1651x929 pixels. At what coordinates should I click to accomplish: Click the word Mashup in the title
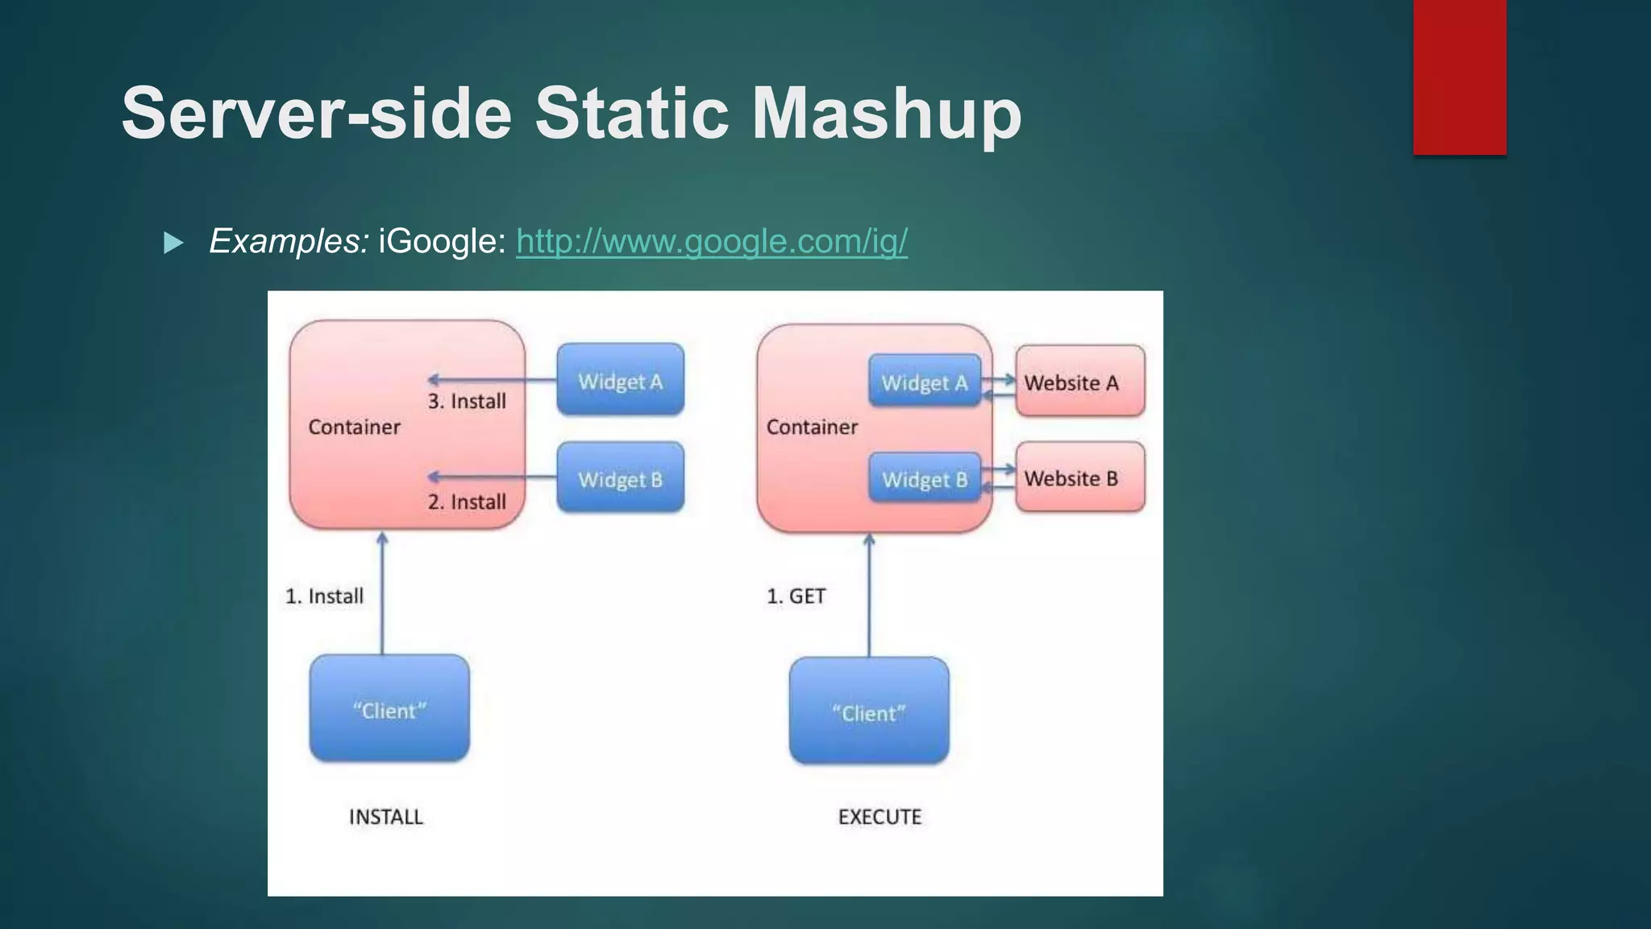pos(886,115)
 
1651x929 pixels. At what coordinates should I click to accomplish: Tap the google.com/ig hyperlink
pos(711,241)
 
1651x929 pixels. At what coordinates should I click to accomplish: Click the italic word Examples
pos(289,241)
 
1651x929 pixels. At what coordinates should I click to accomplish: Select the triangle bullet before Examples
pos(173,243)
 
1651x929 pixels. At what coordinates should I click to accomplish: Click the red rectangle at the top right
pos(1459,77)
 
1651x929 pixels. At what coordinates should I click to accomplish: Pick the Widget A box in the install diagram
pos(620,381)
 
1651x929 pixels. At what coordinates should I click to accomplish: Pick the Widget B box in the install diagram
pos(620,479)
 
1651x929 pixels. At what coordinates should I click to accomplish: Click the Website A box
pos(1079,382)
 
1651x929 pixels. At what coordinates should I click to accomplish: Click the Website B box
pos(1079,478)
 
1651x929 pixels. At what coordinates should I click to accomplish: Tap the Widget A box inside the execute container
pos(925,382)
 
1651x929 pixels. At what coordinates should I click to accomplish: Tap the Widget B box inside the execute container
pos(925,479)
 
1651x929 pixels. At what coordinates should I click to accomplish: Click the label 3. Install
pos(467,402)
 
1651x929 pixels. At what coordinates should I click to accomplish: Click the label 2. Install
pos(467,502)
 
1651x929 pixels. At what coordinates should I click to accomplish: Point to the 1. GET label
pos(796,596)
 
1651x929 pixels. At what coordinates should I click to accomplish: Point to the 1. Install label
pos(324,596)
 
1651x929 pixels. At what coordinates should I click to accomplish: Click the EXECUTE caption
pos(880,817)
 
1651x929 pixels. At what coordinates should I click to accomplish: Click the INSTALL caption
pos(385,817)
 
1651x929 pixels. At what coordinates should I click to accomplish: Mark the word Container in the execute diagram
pos(811,427)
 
